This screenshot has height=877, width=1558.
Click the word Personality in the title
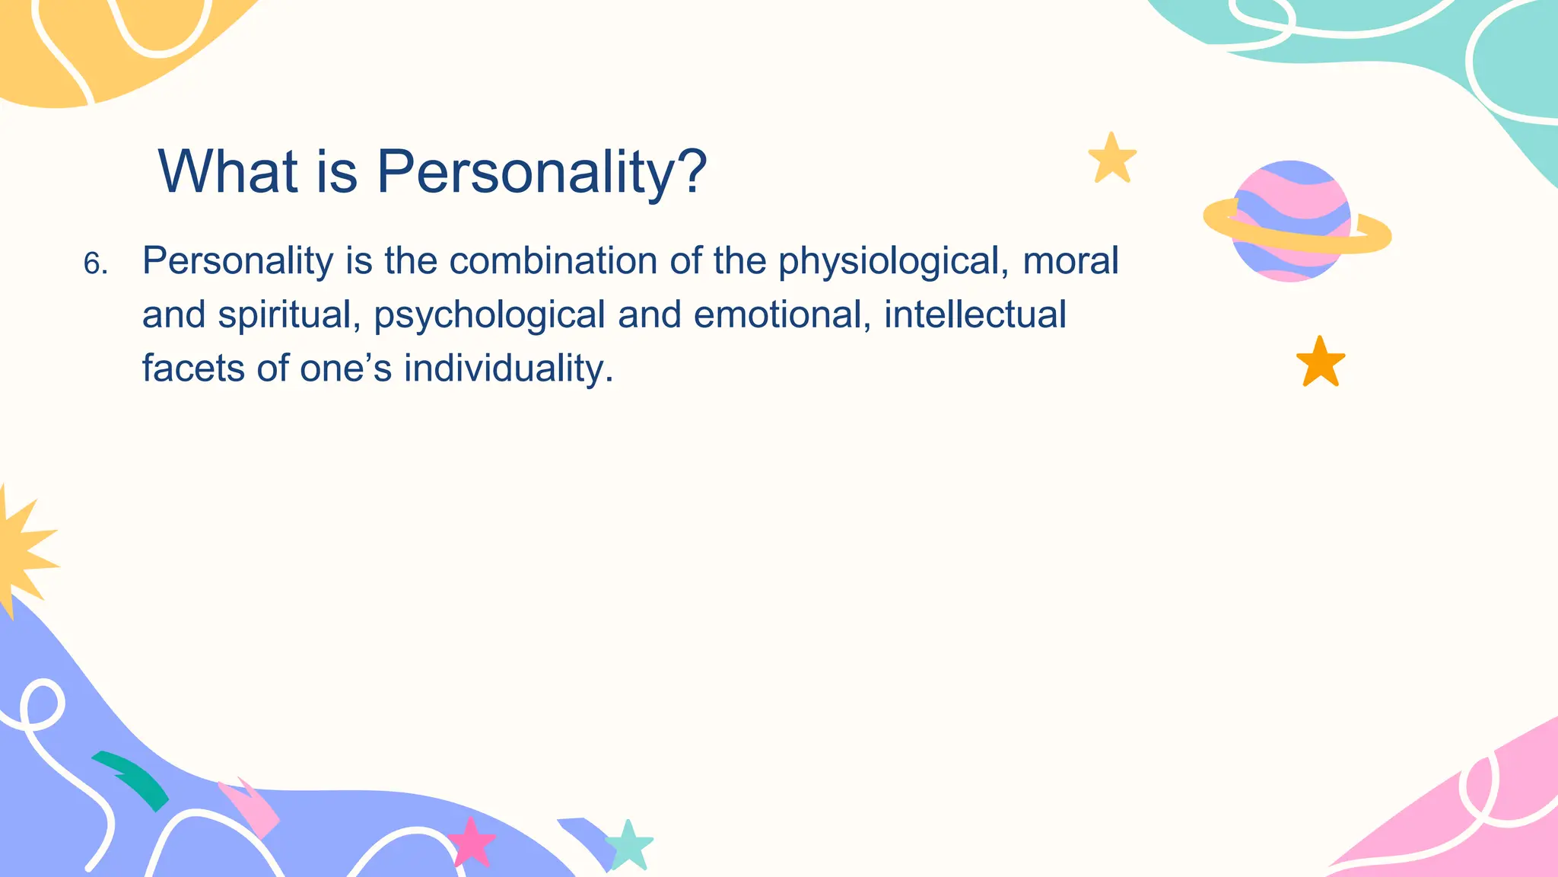(x=525, y=172)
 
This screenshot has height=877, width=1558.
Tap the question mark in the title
(x=692, y=171)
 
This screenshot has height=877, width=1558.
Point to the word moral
(x=1070, y=260)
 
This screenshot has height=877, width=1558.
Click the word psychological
(x=489, y=315)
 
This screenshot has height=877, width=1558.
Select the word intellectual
(x=975, y=314)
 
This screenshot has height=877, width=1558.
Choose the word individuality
(x=507, y=368)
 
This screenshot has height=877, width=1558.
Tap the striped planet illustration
(x=1292, y=222)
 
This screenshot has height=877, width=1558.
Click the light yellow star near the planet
(x=1112, y=158)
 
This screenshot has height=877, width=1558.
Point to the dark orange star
(x=1320, y=362)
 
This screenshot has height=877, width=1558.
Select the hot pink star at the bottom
(x=471, y=841)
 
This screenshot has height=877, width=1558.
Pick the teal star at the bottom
(x=629, y=844)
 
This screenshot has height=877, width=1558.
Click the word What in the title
(x=227, y=172)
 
